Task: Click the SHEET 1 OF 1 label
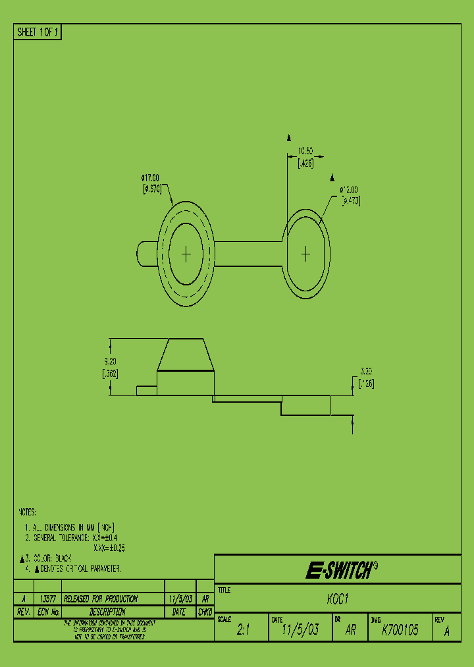coord(38,32)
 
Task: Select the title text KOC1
coord(337,601)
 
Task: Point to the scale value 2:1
coord(243,630)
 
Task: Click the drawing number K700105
coord(400,630)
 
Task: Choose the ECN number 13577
coord(47,599)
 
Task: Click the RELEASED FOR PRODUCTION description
coord(101,599)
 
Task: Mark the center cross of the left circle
coord(186,254)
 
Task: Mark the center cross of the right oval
coord(306,253)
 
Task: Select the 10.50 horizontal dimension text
coord(305,151)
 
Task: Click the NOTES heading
coord(27,512)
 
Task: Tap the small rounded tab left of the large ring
coord(146,254)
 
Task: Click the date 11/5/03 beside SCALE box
coord(300,630)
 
